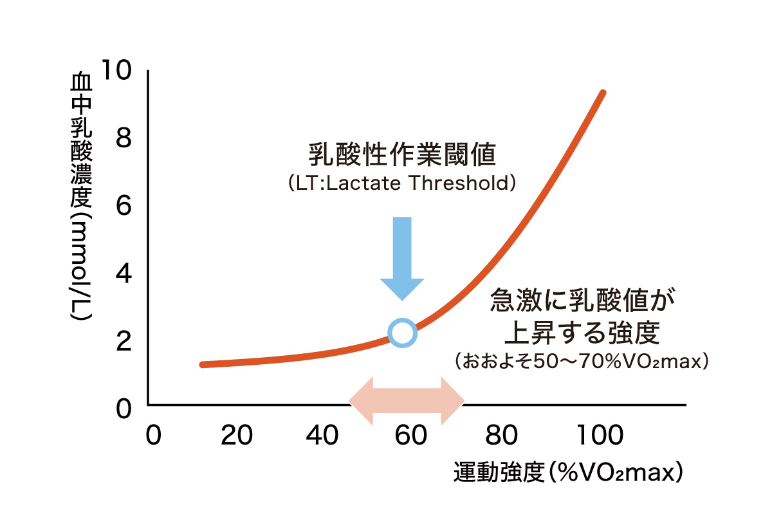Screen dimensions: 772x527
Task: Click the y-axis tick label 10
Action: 117,70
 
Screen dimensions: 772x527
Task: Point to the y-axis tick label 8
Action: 124,138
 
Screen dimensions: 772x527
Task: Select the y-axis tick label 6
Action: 124,206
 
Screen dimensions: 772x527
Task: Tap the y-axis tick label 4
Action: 124,273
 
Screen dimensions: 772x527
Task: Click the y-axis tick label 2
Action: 124,341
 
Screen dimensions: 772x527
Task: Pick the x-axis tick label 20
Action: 237,435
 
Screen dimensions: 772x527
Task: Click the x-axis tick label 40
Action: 322,435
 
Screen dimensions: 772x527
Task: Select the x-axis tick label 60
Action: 411,435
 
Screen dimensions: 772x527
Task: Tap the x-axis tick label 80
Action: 501,435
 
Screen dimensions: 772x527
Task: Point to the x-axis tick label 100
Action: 600,435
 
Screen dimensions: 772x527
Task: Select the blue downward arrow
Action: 402,259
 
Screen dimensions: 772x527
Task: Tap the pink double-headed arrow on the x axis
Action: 407,401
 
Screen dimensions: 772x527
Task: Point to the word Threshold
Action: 459,183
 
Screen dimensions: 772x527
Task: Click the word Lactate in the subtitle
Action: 363,183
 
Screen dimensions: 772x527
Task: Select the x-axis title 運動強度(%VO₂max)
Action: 568,472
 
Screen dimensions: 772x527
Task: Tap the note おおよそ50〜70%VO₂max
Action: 582,362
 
